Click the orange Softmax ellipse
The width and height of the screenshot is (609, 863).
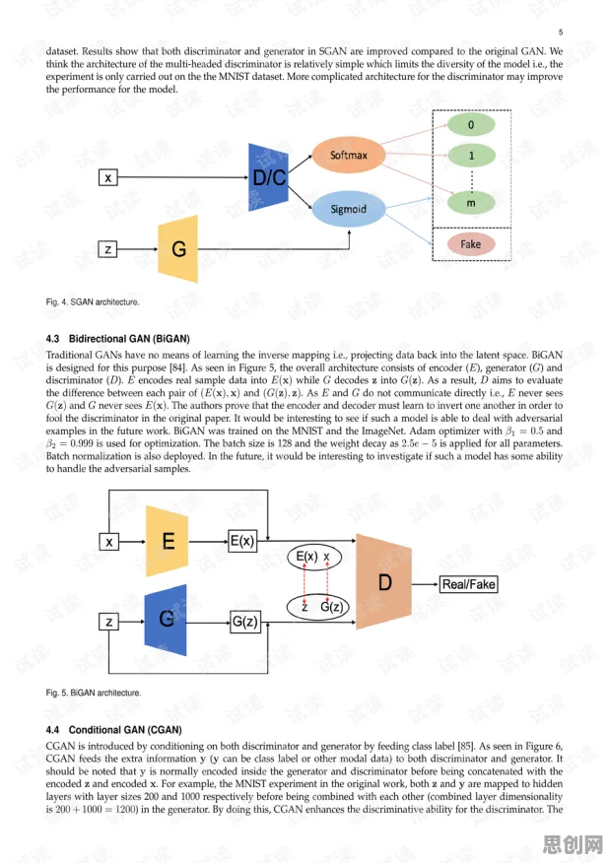348,156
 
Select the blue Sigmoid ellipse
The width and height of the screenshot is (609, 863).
349,209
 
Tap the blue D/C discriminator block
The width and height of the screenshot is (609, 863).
268,177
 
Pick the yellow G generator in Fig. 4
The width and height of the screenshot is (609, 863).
177,249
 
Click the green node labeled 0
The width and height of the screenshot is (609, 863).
471,124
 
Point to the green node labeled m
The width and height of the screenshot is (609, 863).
471,203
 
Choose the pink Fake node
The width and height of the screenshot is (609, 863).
471,243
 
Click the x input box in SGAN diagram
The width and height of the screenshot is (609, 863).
108,177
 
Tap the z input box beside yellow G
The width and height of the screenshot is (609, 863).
108,249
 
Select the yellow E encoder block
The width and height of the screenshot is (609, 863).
168,541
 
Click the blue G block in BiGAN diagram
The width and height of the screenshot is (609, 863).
166,620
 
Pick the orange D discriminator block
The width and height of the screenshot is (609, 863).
383,582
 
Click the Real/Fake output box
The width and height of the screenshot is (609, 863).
469,584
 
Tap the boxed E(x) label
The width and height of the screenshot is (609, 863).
242,541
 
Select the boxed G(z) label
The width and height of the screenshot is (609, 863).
244,622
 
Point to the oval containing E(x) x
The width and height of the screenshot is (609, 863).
314,557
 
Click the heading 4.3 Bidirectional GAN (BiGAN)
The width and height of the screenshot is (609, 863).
118,339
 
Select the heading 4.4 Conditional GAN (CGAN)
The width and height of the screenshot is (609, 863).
114,730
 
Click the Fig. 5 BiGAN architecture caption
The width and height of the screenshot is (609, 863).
94,693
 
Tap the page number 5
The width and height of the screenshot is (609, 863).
561,32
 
